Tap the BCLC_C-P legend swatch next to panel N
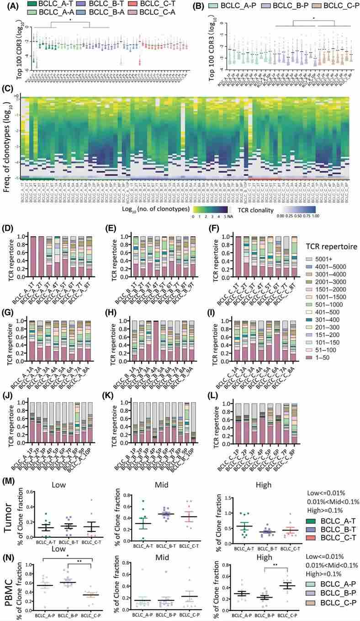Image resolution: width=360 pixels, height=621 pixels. [308, 605]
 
